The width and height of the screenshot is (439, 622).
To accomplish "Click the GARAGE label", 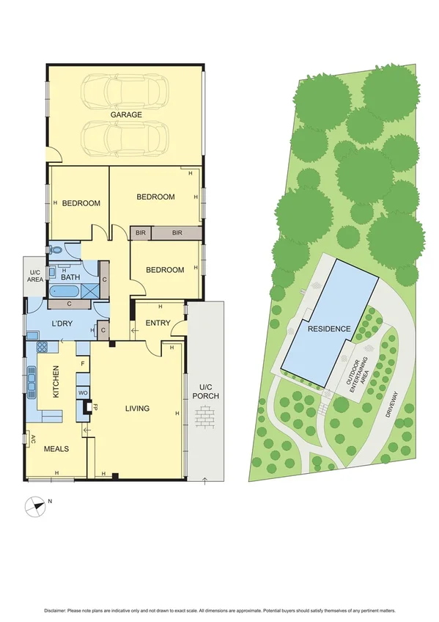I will click(x=126, y=115).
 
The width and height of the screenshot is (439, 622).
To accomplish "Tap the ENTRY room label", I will click(x=158, y=323).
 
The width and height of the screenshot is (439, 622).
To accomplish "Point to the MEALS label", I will click(x=56, y=448).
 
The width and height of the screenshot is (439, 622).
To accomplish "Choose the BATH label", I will click(x=70, y=277).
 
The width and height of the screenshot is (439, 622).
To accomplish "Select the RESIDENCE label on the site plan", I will click(x=328, y=329).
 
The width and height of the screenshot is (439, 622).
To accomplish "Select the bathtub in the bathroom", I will click(x=67, y=291).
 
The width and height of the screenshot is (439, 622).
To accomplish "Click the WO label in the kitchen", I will click(x=83, y=393).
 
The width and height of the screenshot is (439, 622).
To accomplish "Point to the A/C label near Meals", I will click(x=32, y=439).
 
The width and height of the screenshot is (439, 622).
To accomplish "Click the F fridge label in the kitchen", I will click(x=83, y=363).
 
